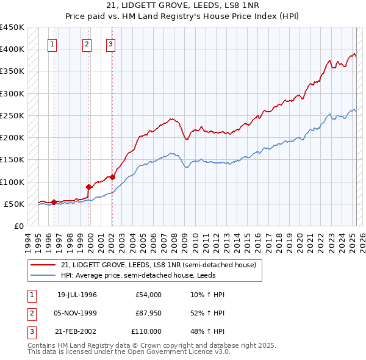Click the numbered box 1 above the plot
(53, 43)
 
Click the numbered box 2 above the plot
(87, 43)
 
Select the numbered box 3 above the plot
(110, 43)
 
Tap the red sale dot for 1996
(54, 202)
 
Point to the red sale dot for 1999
(89, 187)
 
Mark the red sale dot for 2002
(113, 177)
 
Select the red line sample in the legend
(43, 265)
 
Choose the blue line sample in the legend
(43, 275)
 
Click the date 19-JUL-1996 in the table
(77, 295)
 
